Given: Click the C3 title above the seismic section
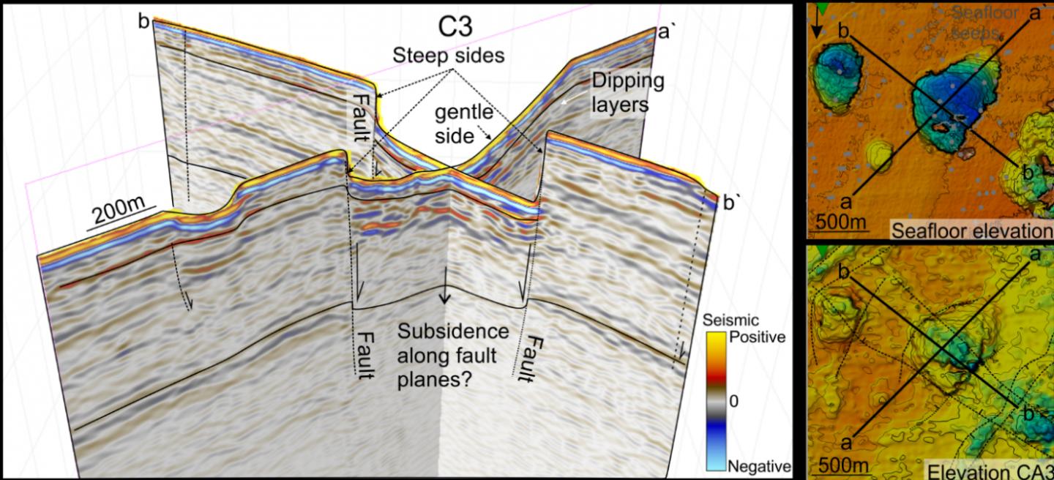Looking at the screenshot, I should pyautogui.click(x=455, y=26).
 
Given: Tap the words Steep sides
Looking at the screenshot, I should pyautogui.click(x=449, y=55).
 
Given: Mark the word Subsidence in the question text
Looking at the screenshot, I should pyautogui.click(x=452, y=331).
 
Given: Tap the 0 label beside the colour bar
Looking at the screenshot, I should pyautogui.click(x=734, y=401).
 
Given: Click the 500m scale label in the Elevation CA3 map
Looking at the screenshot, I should pyautogui.click(x=843, y=466).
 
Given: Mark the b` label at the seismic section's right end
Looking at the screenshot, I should pyautogui.click(x=730, y=203).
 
